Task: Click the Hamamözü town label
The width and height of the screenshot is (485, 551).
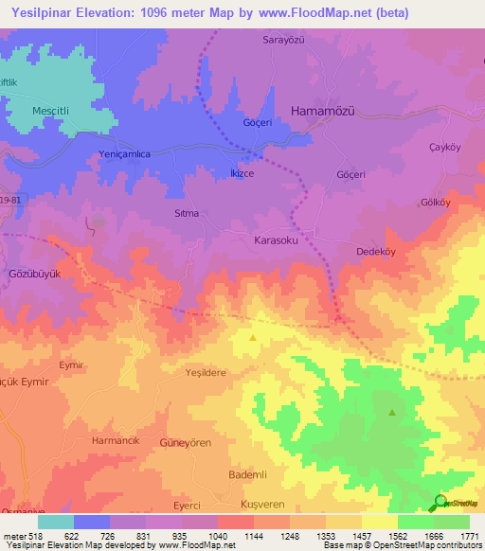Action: (321, 110)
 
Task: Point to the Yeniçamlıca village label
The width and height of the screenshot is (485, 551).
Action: (125, 154)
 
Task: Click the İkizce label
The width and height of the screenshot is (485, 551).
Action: (242, 173)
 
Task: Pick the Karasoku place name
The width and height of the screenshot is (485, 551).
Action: (277, 241)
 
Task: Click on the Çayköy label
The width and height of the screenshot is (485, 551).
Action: (444, 147)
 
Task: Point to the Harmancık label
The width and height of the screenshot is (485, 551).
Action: (116, 441)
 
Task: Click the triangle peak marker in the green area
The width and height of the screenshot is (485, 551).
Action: (392, 413)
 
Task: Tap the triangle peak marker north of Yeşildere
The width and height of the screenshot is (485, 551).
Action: (252, 337)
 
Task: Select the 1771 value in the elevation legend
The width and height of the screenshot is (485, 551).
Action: (468, 536)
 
